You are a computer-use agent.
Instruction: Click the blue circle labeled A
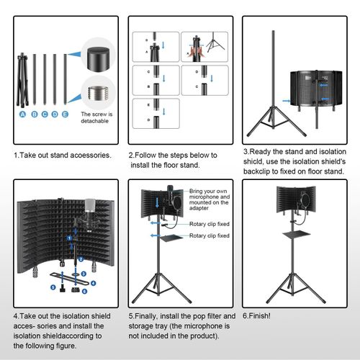24,113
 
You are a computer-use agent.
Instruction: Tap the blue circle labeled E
66,113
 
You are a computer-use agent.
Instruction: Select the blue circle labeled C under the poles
45,113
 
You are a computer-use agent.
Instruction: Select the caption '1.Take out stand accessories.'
63,155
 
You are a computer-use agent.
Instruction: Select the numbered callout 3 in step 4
84,273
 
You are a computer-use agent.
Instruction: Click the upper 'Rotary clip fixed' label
210,224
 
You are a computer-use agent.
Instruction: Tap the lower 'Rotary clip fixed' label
210,235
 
